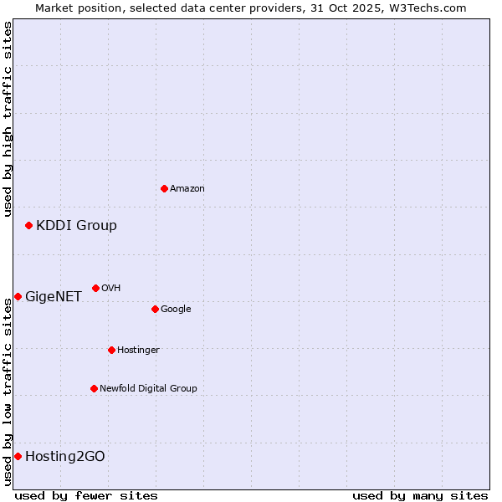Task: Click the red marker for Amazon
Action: point(164,188)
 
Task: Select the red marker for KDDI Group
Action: point(28,225)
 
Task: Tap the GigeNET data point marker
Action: point(18,296)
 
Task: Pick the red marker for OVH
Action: point(95,288)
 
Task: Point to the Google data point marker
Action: point(155,309)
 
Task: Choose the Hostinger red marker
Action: point(111,350)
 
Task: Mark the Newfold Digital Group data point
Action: point(94,388)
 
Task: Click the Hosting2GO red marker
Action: point(18,456)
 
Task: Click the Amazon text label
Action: point(187,189)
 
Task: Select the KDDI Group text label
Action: point(76,225)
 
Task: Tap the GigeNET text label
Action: point(54,296)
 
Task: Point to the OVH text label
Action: point(111,289)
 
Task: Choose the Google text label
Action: point(176,310)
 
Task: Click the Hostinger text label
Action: point(138,351)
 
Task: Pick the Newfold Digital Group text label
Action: point(148,389)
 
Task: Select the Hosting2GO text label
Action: point(65,456)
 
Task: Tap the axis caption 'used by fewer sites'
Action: point(86,495)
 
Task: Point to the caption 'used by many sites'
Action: point(420,495)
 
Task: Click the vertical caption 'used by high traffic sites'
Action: point(8,119)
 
